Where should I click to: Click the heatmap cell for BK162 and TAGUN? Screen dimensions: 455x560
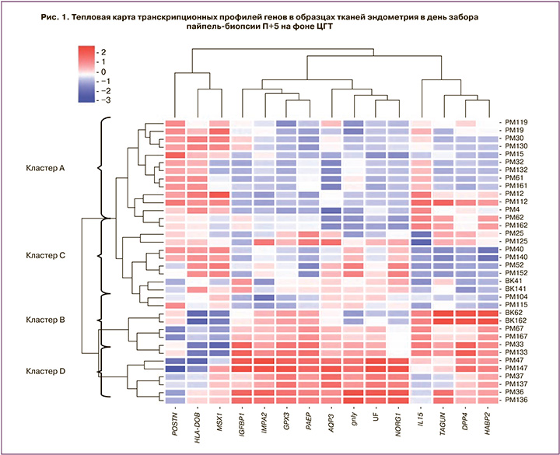(x=443, y=320)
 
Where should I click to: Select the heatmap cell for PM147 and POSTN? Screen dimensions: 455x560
(x=176, y=368)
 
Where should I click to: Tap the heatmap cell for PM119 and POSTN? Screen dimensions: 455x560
(x=176, y=122)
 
